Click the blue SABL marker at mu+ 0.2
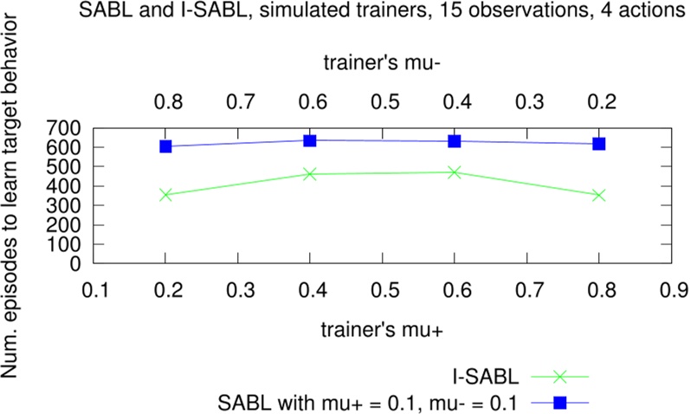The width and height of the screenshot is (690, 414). [166, 146]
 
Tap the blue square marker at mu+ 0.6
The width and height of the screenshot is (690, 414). [455, 141]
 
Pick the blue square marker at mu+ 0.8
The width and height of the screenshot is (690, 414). [598, 144]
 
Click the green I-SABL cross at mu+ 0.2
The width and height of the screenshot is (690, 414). [166, 195]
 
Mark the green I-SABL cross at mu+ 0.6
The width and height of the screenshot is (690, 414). [455, 172]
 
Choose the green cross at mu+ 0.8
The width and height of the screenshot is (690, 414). [598, 195]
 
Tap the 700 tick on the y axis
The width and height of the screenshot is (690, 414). [66, 128]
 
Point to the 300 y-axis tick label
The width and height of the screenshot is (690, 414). [66, 205]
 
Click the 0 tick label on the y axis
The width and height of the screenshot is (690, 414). [76, 263]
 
